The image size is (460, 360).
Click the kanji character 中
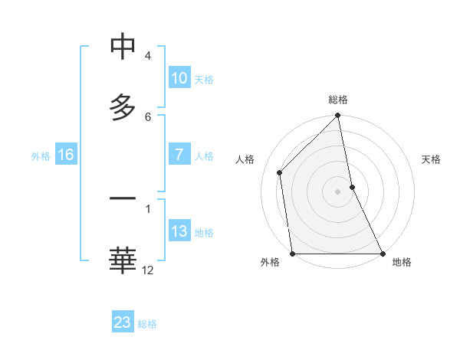coord(123,48)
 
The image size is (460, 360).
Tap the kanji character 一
coord(123,199)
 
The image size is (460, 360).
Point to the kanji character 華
coord(123,260)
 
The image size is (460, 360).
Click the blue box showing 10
coord(179,78)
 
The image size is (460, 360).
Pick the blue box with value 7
coord(179,155)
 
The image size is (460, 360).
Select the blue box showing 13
coord(179,231)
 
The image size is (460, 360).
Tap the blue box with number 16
coord(65,155)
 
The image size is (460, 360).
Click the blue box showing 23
coord(123,322)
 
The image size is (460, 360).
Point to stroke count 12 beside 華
coord(148,270)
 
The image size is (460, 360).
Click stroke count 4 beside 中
coord(148,56)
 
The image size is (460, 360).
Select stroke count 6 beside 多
coord(148,116)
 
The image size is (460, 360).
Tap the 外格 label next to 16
coord(41,155)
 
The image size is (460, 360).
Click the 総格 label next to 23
coord(147,324)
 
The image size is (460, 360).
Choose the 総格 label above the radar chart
coord(338,100)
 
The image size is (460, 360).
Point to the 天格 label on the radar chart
coord(431,159)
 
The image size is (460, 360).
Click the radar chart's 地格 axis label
coord(402,262)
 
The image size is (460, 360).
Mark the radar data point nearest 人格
coord(280,172)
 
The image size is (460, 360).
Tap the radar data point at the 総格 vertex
coord(338,116)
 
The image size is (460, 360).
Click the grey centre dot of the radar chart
coord(338,191)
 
